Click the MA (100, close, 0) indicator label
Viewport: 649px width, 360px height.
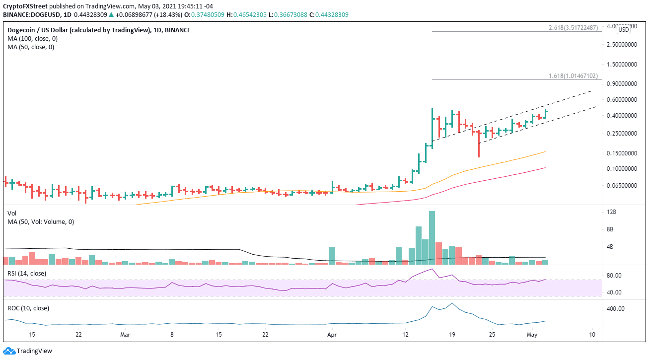(x=31, y=39)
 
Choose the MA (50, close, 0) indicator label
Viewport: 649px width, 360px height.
(x=29, y=47)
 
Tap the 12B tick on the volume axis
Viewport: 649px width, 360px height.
(x=611, y=212)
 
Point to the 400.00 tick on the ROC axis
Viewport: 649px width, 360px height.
(x=614, y=308)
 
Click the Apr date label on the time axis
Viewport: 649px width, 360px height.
(x=330, y=335)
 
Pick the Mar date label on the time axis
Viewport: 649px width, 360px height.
(x=125, y=335)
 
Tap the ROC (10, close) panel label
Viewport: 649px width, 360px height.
(x=28, y=308)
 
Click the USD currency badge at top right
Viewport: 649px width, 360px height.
(x=623, y=30)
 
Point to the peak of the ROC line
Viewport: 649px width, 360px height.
(x=451, y=303)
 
